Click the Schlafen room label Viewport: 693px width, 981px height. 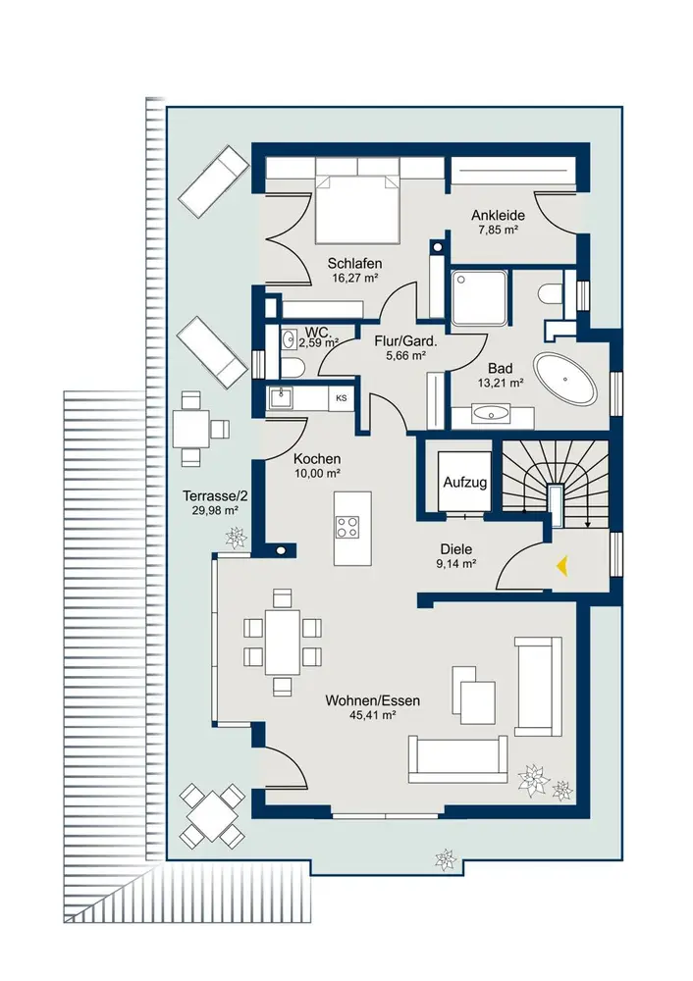click(354, 263)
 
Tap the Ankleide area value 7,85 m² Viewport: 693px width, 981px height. click(498, 230)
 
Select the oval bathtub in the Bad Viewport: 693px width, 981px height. click(564, 379)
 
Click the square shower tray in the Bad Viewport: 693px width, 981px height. click(480, 298)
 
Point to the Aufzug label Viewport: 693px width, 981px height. click(465, 483)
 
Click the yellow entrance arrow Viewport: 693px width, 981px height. click(562, 566)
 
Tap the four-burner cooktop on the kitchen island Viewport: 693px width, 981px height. click(347, 526)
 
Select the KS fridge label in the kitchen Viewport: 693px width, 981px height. click(342, 398)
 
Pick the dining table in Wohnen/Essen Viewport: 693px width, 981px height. click(283, 643)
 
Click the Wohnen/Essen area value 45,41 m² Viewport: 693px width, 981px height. click(372, 715)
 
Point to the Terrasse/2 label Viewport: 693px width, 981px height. click(215, 496)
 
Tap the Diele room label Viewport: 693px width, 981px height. click(456, 549)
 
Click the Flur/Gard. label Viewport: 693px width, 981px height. click(405, 341)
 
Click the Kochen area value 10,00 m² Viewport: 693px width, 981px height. click(317, 474)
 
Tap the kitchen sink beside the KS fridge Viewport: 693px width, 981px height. click(281, 398)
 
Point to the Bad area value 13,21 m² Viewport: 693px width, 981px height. click(501, 383)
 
